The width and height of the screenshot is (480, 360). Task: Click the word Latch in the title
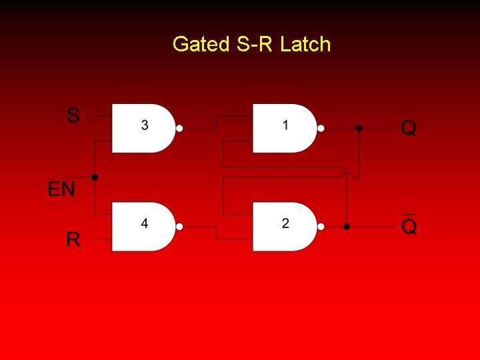click(305, 45)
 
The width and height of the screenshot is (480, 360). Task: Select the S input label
click(73, 116)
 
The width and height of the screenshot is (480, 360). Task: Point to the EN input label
click(61, 189)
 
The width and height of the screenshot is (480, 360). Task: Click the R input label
click(73, 239)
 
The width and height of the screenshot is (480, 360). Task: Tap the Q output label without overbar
click(409, 128)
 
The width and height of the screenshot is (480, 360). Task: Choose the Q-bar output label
click(409, 227)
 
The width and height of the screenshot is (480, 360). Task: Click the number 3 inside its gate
click(145, 125)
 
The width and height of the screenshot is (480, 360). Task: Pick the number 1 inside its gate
click(285, 125)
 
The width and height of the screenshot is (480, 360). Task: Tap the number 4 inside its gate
click(145, 223)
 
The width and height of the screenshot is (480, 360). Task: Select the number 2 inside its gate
click(285, 223)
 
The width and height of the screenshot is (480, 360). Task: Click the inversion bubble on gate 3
click(179, 128)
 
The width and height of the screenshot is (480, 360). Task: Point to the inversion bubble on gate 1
click(321, 128)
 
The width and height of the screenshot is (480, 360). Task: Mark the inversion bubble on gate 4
click(179, 227)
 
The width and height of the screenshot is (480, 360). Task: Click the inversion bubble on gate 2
click(321, 227)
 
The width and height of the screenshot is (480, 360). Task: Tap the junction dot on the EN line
click(95, 177)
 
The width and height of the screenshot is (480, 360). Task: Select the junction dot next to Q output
click(359, 128)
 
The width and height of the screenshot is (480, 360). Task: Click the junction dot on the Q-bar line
click(347, 227)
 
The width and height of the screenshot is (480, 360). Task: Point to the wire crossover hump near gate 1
click(347, 175)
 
